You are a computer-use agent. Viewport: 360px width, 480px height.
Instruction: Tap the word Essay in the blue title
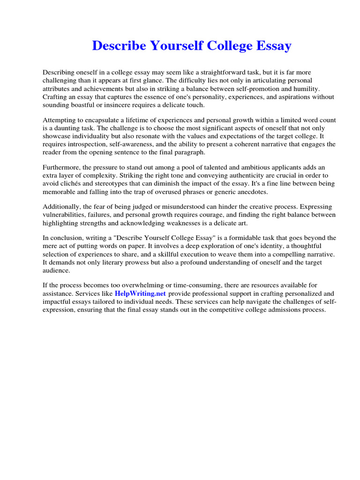272,46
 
